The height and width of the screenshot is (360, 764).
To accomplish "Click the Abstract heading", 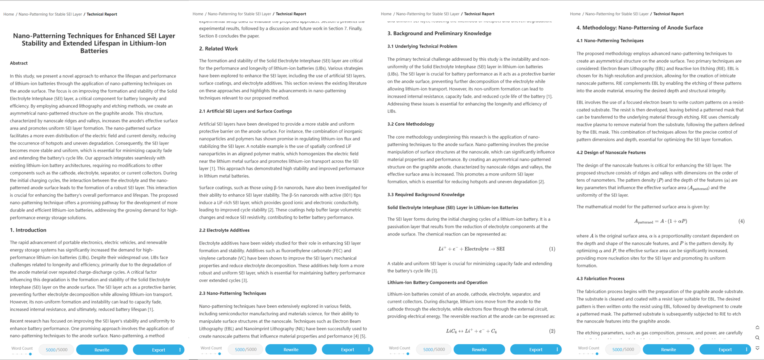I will [19, 63].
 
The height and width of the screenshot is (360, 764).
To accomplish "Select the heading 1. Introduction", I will [28, 230].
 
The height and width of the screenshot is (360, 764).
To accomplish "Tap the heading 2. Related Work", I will [218, 48].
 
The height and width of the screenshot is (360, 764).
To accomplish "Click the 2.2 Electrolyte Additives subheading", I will [224, 230].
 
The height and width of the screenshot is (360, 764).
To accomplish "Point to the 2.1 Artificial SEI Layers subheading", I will [245, 111].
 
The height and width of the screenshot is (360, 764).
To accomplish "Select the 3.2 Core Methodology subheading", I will [411, 124].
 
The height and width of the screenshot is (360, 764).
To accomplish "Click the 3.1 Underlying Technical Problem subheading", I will [422, 46].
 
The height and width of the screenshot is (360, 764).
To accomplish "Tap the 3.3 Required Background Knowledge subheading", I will [426, 194].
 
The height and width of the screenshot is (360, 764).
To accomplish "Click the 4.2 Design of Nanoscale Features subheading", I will [611, 152].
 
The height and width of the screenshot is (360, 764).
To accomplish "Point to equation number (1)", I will [552, 249].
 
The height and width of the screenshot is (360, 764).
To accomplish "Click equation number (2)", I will [552, 331].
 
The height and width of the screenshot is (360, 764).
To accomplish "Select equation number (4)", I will [741, 221].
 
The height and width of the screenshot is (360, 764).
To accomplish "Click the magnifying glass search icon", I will [757, 337].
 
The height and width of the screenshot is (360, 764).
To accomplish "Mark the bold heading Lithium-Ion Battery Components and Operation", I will [437, 283].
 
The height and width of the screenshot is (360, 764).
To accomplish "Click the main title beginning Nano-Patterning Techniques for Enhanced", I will [94, 43].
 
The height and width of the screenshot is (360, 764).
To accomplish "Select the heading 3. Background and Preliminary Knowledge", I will [439, 33].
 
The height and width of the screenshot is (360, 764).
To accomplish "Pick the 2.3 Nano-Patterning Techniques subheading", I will [232, 293].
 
